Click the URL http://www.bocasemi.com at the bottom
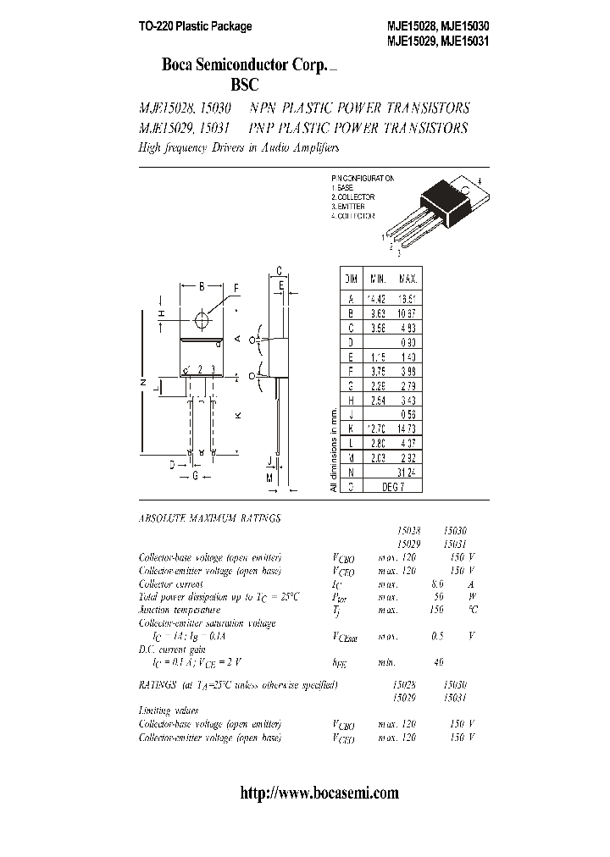click(319, 793)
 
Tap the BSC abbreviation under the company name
click(243, 85)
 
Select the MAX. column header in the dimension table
click(408, 279)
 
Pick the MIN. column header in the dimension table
click(377, 279)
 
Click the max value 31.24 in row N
click(408, 472)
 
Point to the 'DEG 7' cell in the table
click(393, 486)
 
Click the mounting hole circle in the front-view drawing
click(202, 320)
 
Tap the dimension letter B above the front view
click(202, 287)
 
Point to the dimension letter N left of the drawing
click(141, 383)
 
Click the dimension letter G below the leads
click(195, 476)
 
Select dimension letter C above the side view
click(279, 270)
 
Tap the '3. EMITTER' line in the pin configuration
click(350, 207)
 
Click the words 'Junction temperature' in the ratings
click(180, 610)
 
